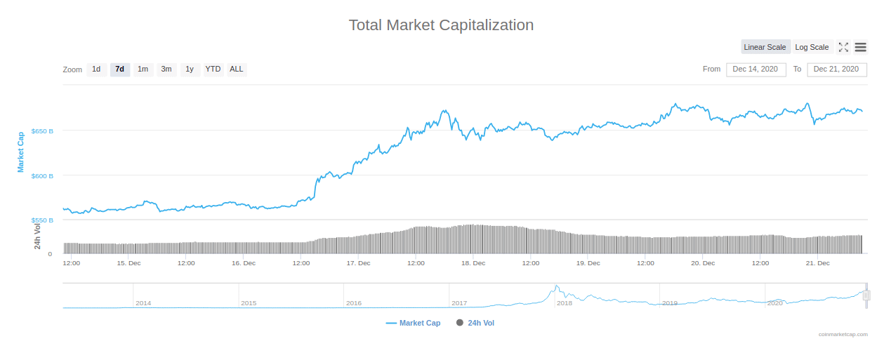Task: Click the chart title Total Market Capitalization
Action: [441, 25]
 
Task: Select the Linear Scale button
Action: [765, 47]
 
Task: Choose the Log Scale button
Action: [812, 47]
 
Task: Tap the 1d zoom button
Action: [96, 69]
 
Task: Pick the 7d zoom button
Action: [120, 69]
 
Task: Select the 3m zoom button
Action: [166, 69]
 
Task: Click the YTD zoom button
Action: [213, 69]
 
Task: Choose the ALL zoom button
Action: [237, 69]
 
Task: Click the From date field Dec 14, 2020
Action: [756, 69]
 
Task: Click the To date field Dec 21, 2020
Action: [836, 69]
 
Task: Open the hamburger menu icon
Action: [860, 47]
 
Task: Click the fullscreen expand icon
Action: [843, 47]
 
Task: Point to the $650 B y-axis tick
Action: [42, 131]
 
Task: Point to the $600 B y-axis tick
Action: [42, 176]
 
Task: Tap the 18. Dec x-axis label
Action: [473, 263]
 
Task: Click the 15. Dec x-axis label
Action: [128, 263]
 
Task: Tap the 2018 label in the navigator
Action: [564, 303]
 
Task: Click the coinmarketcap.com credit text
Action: [843, 335]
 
